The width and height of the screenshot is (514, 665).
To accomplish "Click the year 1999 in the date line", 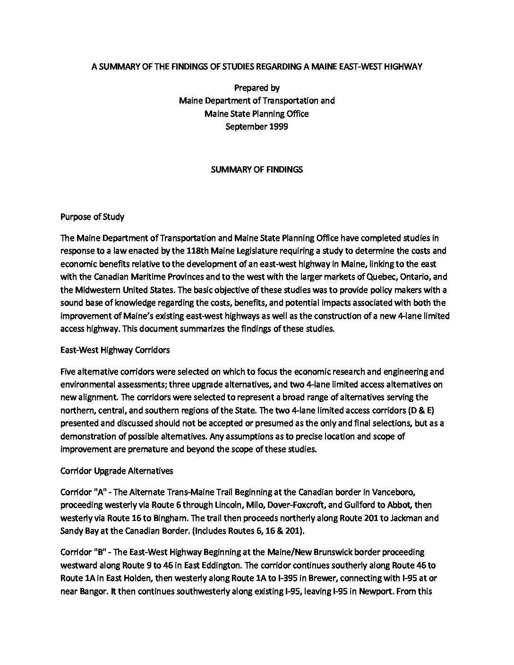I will tap(278, 126).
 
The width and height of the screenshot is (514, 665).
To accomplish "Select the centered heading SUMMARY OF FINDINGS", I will tap(257, 169).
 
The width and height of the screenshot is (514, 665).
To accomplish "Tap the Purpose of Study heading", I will tap(92, 217).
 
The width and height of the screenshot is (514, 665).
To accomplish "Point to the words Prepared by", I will tap(257, 87).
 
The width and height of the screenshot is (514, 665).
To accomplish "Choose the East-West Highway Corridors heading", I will tap(115, 350).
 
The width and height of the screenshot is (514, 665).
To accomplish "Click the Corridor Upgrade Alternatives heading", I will tap(117, 470).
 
